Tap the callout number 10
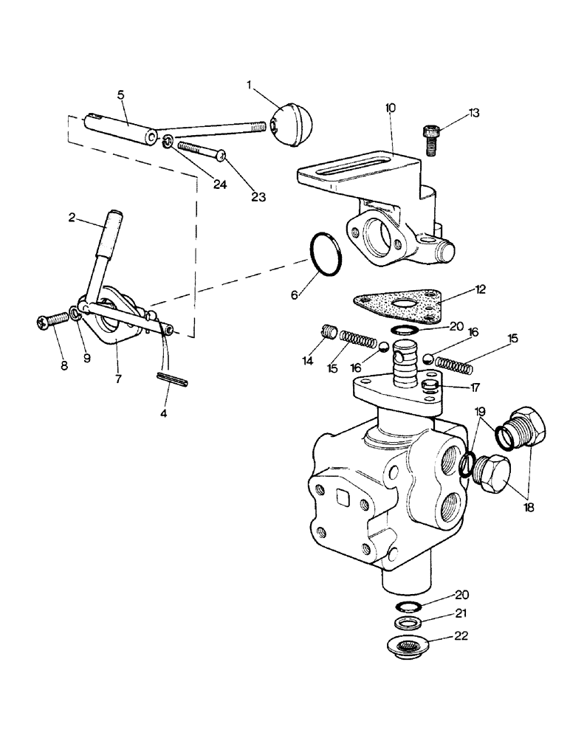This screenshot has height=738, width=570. click(390, 108)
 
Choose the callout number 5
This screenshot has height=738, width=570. click(120, 95)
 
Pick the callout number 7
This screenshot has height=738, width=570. click(119, 379)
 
